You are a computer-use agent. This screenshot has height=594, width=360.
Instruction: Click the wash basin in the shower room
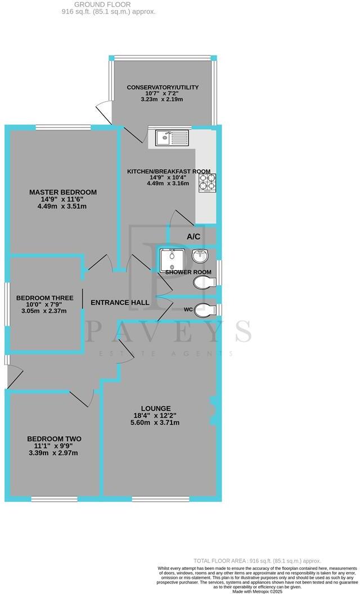pyautogui.click(x=200, y=257)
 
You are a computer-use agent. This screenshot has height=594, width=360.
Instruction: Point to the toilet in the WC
pyautogui.click(x=205, y=309)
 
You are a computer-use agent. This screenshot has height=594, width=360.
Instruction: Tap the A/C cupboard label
pyautogui.click(x=194, y=237)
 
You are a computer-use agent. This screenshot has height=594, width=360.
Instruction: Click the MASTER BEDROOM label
pyautogui.click(x=63, y=192)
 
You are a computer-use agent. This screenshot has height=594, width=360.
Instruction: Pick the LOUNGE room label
pyautogui.click(x=156, y=408)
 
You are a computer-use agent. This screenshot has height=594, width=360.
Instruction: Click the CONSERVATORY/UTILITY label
pyautogui.click(x=163, y=88)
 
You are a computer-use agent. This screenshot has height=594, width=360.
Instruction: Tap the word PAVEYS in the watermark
pyautogui.click(x=168, y=332)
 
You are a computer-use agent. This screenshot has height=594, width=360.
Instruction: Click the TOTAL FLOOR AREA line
pyautogui.click(x=257, y=561)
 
